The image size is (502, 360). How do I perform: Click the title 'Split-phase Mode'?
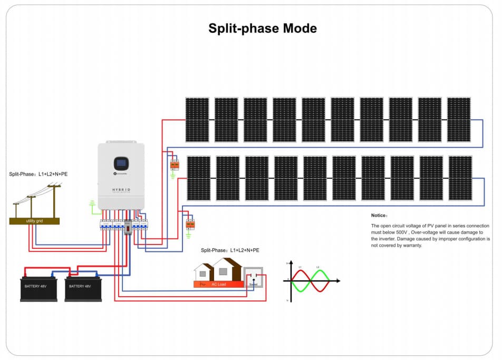click(262, 28)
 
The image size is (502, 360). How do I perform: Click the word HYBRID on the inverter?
click(121, 189)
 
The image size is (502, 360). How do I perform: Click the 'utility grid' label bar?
click(34, 221)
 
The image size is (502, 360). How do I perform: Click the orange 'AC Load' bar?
click(219, 284)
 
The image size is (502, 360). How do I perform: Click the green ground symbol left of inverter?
click(92, 203)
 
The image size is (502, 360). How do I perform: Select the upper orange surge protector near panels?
click(175, 165)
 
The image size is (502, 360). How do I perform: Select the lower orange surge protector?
click(190, 225)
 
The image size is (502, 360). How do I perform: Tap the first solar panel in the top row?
click(197, 120)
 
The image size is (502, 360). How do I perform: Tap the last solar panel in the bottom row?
click(460, 178)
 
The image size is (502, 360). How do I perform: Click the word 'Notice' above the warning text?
click(379, 216)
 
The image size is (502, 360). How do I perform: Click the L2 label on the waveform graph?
click(318, 268)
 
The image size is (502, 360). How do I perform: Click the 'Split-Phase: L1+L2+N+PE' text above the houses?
click(230, 250)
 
